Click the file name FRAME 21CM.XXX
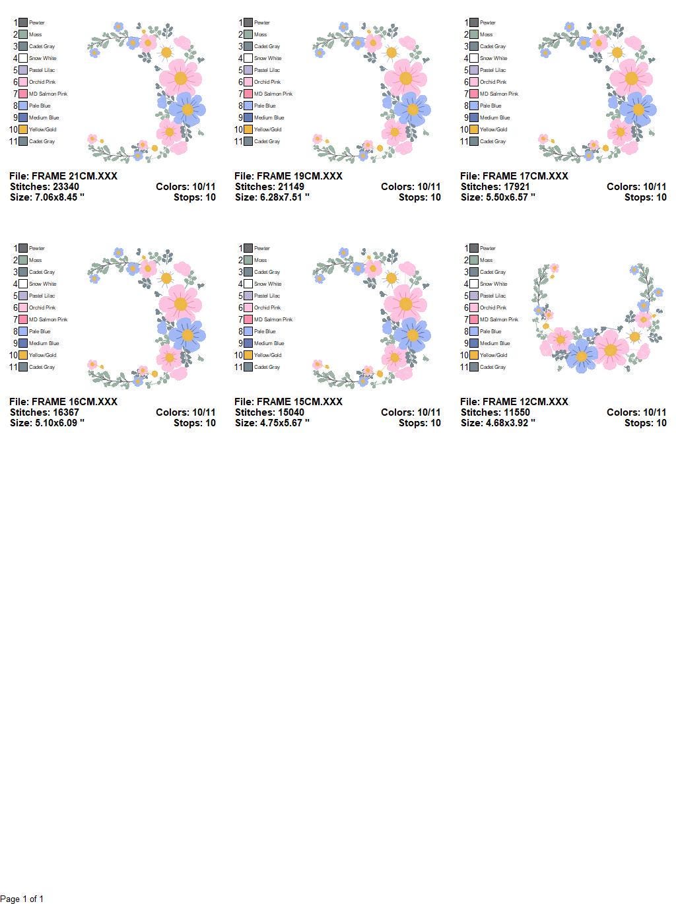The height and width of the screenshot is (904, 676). click(63, 176)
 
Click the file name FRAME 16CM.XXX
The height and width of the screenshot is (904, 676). click(63, 402)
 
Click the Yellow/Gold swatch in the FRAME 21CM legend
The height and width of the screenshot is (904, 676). click(23, 129)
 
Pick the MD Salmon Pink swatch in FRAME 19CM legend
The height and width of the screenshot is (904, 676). click(248, 94)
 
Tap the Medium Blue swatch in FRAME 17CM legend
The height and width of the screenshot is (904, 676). click(474, 117)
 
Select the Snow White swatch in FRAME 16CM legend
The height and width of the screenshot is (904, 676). click(23, 284)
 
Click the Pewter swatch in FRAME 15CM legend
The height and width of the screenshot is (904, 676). click(248, 248)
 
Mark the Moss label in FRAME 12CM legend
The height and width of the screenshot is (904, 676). click(487, 260)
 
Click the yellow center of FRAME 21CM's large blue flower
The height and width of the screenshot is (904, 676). click(187, 110)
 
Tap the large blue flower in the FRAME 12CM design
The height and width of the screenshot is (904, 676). click(582, 356)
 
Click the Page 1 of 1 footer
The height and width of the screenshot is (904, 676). click(22, 899)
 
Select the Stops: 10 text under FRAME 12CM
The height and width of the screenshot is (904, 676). click(645, 423)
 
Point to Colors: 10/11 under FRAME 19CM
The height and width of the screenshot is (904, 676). click(411, 187)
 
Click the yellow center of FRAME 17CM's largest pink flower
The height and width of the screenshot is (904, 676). click(631, 79)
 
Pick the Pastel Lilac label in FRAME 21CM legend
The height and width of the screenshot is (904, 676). click(42, 70)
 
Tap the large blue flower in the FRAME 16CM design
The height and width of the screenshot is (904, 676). click(187, 335)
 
